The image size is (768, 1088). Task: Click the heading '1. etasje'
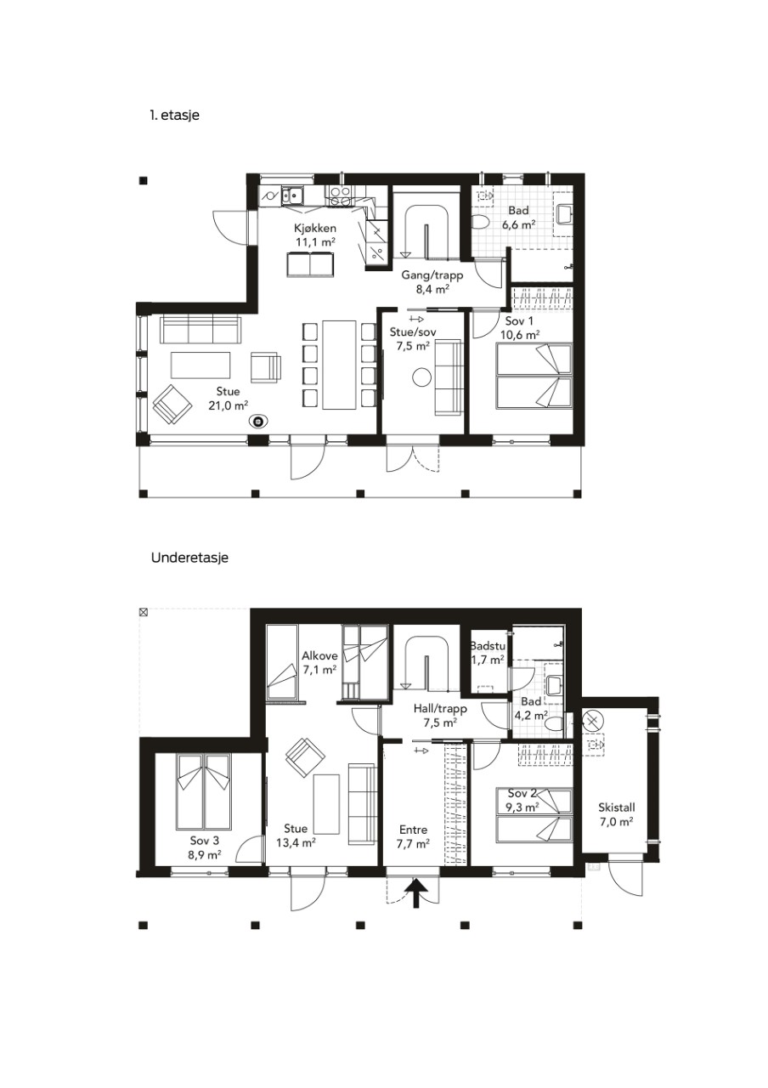175,116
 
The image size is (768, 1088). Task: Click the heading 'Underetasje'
189,558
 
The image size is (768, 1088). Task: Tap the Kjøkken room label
314,228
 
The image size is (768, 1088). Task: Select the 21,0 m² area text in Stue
229,405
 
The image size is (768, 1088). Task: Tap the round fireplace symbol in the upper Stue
257,422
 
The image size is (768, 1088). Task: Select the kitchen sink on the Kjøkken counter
292,195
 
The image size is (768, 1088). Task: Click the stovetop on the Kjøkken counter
342,195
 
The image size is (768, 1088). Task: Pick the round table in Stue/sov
422,377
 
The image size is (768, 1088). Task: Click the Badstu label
488,646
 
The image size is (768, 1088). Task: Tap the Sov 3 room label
205,841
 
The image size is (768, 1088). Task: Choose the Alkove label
319,655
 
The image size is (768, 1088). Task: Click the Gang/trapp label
432,275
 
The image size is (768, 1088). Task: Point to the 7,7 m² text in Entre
413,844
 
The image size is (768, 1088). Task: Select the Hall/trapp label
440,709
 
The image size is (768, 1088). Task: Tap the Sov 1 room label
519,321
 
